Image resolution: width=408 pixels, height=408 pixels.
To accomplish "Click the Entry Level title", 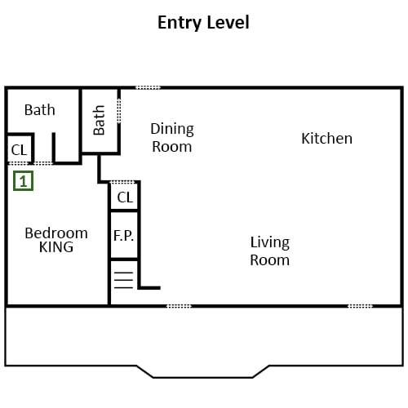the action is click(x=203, y=23).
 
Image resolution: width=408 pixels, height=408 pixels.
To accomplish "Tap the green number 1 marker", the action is click(x=24, y=180).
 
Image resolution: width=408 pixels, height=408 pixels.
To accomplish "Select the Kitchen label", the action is click(x=326, y=138).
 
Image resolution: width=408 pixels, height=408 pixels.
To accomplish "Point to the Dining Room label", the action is click(x=172, y=138).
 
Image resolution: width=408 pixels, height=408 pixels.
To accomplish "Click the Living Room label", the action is click(x=270, y=251).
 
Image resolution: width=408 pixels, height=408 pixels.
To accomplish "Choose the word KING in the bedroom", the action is click(x=56, y=247).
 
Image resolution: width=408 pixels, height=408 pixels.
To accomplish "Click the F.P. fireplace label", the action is click(x=123, y=236).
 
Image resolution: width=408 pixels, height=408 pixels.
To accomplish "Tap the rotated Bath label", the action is click(x=99, y=120).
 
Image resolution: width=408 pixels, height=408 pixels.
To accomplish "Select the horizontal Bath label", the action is click(x=40, y=110).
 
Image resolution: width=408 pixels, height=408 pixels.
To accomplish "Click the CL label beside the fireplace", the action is click(x=125, y=197).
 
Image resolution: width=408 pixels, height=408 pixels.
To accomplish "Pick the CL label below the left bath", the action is click(x=19, y=150).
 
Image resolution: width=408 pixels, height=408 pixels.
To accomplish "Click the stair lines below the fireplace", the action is click(x=124, y=280).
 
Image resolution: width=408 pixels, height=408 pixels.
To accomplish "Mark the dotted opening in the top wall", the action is click(x=149, y=87).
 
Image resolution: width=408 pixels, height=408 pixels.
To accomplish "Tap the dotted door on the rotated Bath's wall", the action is click(x=119, y=111).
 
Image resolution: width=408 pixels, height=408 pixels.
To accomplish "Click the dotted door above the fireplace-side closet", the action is click(x=123, y=182).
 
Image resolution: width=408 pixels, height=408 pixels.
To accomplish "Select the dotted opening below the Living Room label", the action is click(x=179, y=306).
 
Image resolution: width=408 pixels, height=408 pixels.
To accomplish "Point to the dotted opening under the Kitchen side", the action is click(x=360, y=306).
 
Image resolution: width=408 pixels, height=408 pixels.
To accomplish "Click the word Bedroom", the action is click(x=56, y=233).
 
